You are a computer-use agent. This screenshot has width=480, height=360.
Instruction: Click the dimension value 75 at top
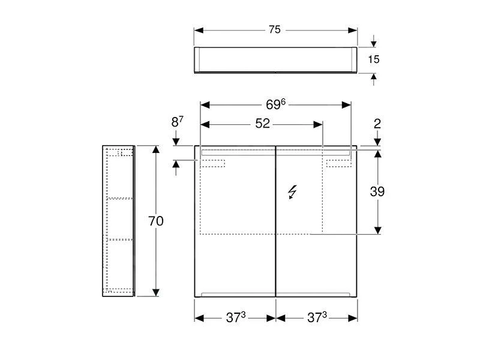[x=275, y=30]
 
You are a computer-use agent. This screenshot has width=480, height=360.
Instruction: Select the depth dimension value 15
[x=374, y=59]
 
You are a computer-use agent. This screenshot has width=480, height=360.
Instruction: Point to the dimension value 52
[x=262, y=124]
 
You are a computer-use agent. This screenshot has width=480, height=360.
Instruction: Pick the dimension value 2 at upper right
[x=377, y=124]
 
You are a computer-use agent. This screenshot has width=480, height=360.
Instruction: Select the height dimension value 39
[x=377, y=191]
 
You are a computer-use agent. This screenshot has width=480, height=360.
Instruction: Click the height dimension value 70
[x=155, y=221]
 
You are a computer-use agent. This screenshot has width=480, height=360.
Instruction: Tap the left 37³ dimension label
[x=235, y=318]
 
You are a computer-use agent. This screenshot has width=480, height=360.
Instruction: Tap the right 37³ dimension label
[x=316, y=318]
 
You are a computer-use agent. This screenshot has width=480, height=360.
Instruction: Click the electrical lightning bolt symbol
[x=292, y=192]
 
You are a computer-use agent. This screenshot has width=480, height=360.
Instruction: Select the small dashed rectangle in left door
[x=212, y=163]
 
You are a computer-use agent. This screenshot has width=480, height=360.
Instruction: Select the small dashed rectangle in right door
[x=338, y=163]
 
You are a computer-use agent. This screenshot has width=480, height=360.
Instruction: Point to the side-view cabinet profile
[x=118, y=221]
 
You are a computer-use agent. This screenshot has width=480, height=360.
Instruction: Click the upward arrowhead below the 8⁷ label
[x=175, y=164]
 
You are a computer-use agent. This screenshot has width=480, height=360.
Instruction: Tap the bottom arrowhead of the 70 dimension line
[x=156, y=292]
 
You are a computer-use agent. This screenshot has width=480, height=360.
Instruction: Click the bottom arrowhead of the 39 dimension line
[x=377, y=230]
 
